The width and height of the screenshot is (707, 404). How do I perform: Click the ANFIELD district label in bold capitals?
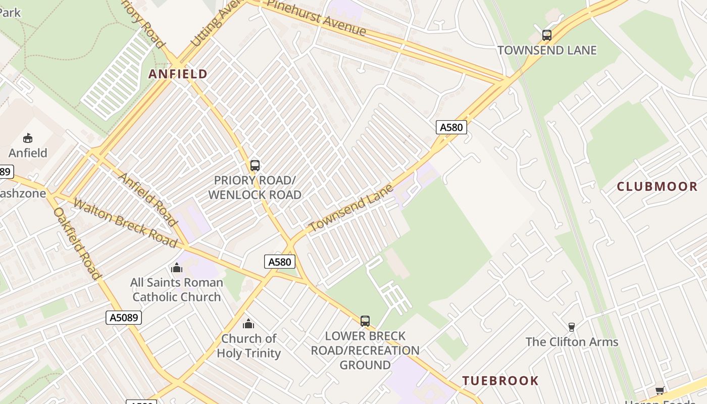tap(178, 74)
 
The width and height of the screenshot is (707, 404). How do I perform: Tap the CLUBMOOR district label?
tap(657, 186)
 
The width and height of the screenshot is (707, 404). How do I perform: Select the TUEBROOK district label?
tap(500, 380)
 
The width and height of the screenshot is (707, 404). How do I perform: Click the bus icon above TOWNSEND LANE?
tap(547, 35)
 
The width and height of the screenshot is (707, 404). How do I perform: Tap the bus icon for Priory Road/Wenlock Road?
tap(255, 166)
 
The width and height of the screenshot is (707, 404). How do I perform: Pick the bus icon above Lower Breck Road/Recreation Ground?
tap(365, 321)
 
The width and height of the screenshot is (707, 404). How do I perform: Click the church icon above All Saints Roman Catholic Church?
tap(177, 268)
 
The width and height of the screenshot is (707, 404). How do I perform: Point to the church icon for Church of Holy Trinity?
tap(248, 324)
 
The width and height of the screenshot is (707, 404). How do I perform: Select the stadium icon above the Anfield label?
tap(28, 138)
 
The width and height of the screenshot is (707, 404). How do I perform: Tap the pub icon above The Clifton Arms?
tap(572, 327)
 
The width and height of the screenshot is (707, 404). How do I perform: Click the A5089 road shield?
tap(124, 317)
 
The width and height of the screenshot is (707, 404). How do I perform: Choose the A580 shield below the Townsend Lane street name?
tap(280, 262)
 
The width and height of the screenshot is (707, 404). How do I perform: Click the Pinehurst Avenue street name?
tap(316, 18)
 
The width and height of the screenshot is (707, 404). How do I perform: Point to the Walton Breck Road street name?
tap(125, 223)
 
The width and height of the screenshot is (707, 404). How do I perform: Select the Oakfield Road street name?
tap(77, 243)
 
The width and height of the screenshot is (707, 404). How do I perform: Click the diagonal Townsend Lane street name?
tap(350, 209)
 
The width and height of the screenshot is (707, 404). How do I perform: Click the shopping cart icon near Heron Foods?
tap(660, 390)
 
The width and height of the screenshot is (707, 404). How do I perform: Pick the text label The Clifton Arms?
tap(572, 342)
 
